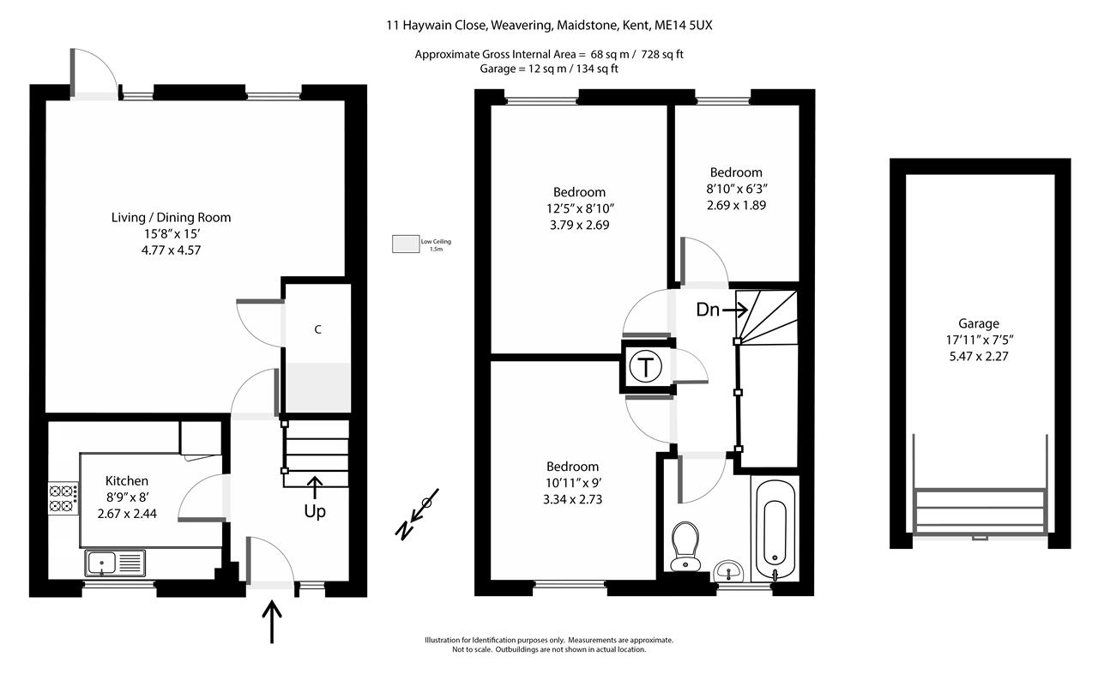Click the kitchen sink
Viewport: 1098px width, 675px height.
point(116,563)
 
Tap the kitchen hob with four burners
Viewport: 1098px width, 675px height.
point(62,498)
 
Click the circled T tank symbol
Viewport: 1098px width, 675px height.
point(645,367)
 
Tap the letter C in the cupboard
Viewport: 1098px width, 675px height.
point(317,330)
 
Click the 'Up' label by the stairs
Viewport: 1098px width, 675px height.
point(315,512)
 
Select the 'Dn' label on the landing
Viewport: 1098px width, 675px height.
point(707,310)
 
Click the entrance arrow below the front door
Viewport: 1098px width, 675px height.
point(273,621)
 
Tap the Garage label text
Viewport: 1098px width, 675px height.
point(979,324)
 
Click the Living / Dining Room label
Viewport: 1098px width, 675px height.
point(171,218)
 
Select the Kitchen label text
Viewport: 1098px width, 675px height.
point(127,481)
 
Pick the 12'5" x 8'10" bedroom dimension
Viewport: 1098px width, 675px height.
point(579,208)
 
